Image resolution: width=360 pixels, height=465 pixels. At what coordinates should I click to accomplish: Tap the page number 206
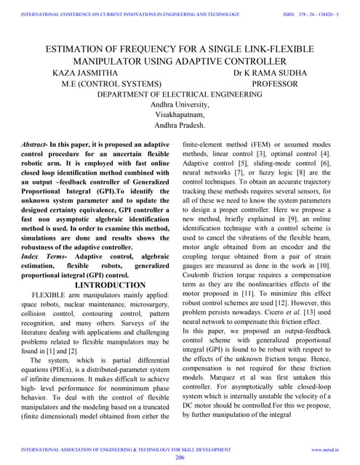[180, 458]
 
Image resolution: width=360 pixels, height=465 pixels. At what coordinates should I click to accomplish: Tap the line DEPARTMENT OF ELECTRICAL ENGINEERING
[180, 95]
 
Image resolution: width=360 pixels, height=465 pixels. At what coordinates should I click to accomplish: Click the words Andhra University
[180, 105]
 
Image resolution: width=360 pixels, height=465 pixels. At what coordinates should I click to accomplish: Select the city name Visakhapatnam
[180, 116]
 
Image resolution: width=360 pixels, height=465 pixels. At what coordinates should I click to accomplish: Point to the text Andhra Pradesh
[180, 126]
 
